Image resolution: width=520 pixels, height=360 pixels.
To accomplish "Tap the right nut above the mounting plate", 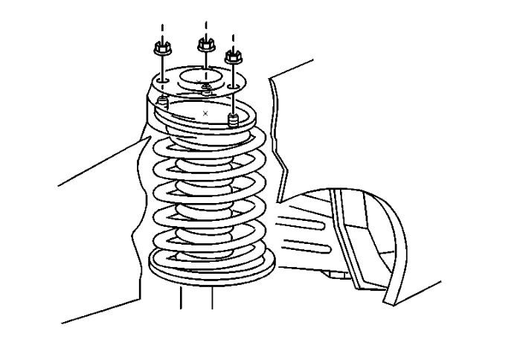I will pyautogui.click(x=233, y=55).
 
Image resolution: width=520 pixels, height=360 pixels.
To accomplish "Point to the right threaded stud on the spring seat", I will pyautogui.click(x=232, y=120).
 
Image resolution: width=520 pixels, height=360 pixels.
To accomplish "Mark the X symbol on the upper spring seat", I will pyautogui.click(x=205, y=112).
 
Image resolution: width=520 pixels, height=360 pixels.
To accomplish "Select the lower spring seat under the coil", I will pyautogui.click(x=212, y=264).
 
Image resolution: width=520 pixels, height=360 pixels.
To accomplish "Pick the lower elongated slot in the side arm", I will pyautogui.click(x=312, y=245).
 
